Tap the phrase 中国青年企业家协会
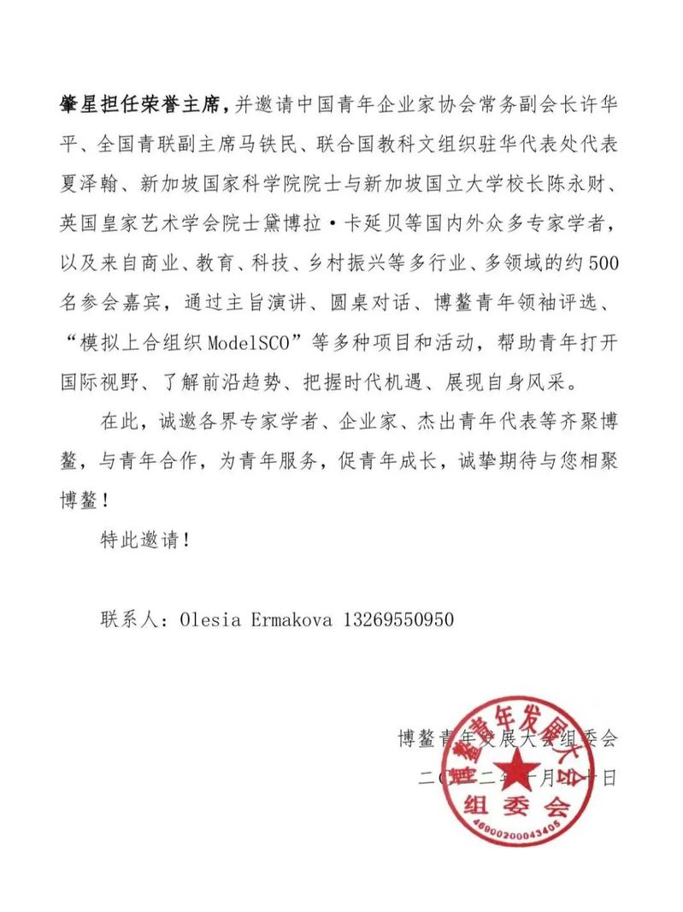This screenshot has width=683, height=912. tap(370, 105)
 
